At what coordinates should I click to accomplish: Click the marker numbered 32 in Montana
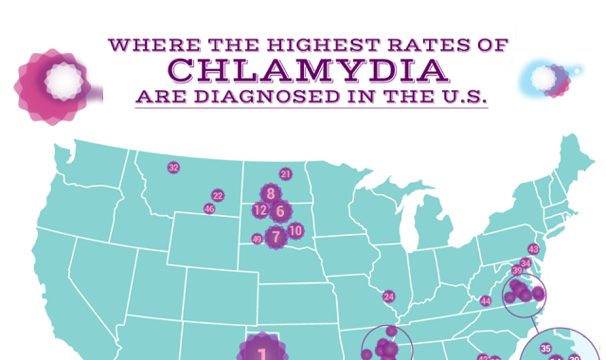pyautogui.click(x=173, y=168)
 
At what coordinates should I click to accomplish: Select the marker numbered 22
pyautogui.click(x=218, y=195)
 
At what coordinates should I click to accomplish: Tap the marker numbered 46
pyautogui.click(x=209, y=208)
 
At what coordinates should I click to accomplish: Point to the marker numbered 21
pyautogui.click(x=285, y=174)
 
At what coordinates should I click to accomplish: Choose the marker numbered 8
pyautogui.click(x=271, y=193)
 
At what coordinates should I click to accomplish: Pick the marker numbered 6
pyautogui.click(x=280, y=210)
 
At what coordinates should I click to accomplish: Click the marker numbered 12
pyautogui.click(x=259, y=210)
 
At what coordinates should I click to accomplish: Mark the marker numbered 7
pyautogui.click(x=275, y=237)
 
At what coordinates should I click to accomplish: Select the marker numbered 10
pyautogui.click(x=295, y=230)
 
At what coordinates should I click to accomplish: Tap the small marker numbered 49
pyautogui.click(x=256, y=240)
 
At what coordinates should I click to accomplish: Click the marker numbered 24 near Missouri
pyautogui.click(x=388, y=297)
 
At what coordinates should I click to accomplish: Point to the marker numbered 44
pyautogui.click(x=486, y=301)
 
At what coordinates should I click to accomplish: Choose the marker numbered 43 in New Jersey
pyautogui.click(x=533, y=249)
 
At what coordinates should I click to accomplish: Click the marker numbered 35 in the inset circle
pyautogui.click(x=545, y=350)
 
